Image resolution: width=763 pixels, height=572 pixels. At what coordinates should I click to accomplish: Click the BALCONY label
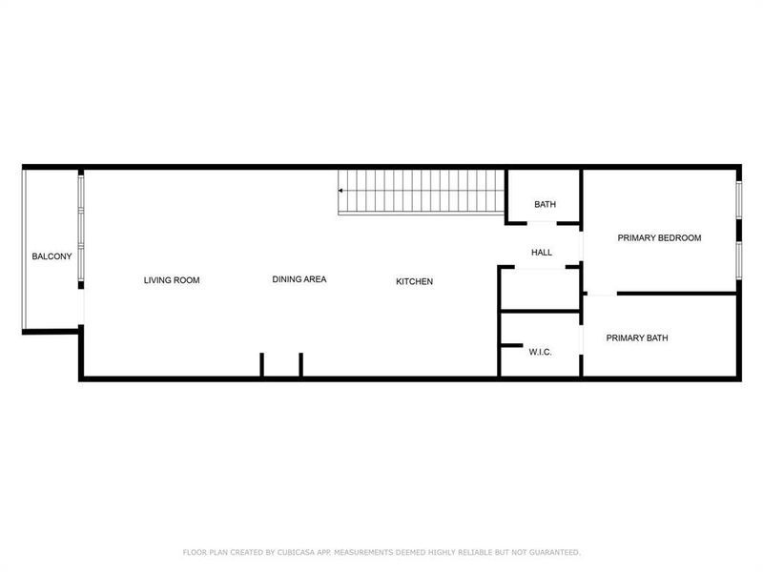click(52, 256)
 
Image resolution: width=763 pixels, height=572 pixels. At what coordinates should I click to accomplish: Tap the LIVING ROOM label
click(172, 280)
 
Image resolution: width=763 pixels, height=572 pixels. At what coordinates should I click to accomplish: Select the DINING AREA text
click(299, 279)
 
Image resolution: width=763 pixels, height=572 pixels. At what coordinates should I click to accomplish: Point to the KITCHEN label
click(415, 281)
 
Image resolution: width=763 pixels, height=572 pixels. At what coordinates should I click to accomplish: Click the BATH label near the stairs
click(545, 205)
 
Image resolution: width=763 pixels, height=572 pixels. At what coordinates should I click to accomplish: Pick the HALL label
click(542, 253)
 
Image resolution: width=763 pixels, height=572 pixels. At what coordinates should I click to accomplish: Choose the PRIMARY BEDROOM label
click(659, 238)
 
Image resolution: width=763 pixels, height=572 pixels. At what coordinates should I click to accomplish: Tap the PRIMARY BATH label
click(637, 337)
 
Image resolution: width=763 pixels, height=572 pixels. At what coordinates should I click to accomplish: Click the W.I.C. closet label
click(541, 353)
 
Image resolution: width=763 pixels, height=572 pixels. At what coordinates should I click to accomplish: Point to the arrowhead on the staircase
click(341, 191)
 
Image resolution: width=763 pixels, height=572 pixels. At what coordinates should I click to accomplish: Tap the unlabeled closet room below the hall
click(540, 290)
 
